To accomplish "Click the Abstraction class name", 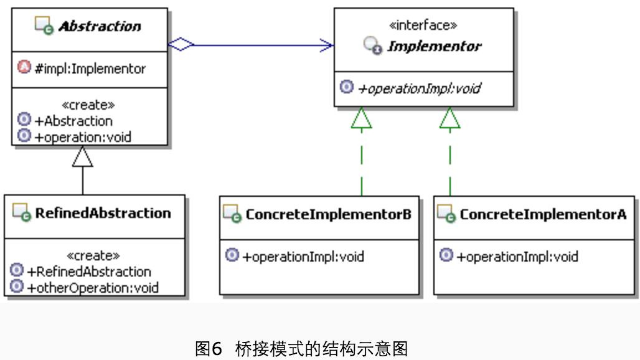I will point(100,27).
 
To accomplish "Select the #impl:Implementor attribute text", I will point(90,69).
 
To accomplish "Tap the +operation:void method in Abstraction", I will point(83,136).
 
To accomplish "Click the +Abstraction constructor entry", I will point(73,121).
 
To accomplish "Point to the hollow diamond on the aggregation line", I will point(181,44).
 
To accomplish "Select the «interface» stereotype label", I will point(423,26).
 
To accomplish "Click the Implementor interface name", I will point(434,46).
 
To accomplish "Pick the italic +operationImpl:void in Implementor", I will point(419,88).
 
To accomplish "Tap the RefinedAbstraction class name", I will point(103,213).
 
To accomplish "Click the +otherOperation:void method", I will point(92,287).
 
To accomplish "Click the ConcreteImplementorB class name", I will point(328,214).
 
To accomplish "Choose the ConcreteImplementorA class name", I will point(542,214).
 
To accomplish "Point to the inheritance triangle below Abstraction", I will point(82,156).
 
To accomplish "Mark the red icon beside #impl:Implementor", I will point(24,68).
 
